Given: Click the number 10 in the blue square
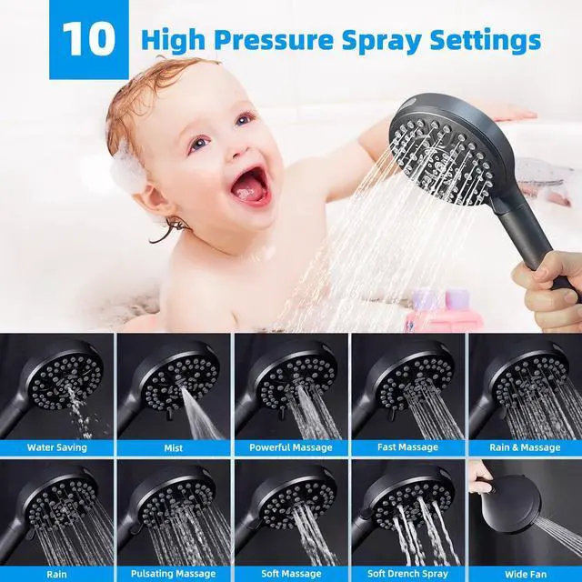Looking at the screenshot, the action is click(x=89, y=38).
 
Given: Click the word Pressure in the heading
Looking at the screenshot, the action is click(x=273, y=40).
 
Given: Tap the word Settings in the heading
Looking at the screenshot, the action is click(x=485, y=40).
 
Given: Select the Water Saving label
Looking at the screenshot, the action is click(x=56, y=447).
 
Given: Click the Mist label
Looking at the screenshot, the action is click(x=174, y=447).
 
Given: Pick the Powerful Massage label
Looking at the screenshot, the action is click(x=291, y=447).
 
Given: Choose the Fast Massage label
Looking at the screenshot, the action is click(x=407, y=447).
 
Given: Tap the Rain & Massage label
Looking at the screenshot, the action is click(x=525, y=447).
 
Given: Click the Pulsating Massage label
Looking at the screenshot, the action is click(x=174, y=574).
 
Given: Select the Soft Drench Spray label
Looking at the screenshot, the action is click(x=407, y=574).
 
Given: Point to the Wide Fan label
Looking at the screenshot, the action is click(x=526, y=575).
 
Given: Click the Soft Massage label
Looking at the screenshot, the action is click(x=291, y=574).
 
